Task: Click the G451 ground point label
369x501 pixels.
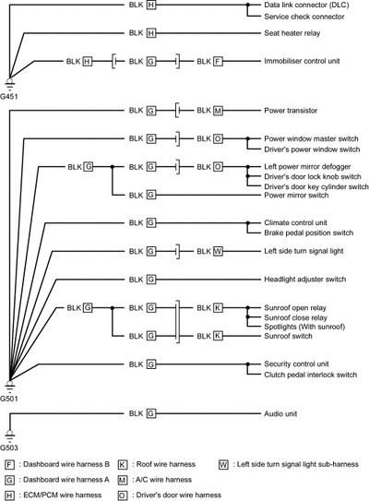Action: pyautogui.click(x=8, y=96)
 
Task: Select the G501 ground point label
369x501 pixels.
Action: pyautogui.click(x=9, y=399)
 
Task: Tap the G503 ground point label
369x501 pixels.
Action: pyautogui.click(x=9, y=447)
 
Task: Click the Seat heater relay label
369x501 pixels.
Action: pyautogui.click(x=292, y=33)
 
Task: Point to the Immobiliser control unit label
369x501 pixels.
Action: pyautogui.click(x=302, y=61)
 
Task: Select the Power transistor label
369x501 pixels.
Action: pyautogui.click(x=291, y=111)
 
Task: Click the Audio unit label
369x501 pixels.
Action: pyautogui.click(x=280, y=413)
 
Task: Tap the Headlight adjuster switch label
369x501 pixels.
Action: pyautogui.click(x=305, y=280)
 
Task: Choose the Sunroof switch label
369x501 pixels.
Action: pyautogui.click(x=288, y=336)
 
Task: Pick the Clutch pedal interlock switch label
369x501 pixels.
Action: pyautogui.click(x=311, y=375)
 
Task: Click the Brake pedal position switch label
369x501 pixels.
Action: pyautogui.click(x=309, y=233)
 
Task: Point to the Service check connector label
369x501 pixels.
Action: pyautogui.click(x=304, y=17)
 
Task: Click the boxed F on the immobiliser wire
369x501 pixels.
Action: pyautogui.click(x=218, y=61)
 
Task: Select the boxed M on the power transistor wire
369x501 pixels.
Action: pyautogui.click(x=218, y=111)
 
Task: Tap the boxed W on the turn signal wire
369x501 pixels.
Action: pyautogui.click(x=218, y=252)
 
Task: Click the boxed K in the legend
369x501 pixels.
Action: pyautogui.click(x=123, y=465)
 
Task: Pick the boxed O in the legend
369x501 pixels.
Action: pyautogui.click(x=123, y=495)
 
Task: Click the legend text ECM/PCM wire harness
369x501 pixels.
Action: pyautogui.click(x=63, y=495)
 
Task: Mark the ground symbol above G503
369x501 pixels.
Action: pyautogui.click(x=9, y=435)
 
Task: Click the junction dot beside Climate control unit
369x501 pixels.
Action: pyautogui.click(x=247, y=223)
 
